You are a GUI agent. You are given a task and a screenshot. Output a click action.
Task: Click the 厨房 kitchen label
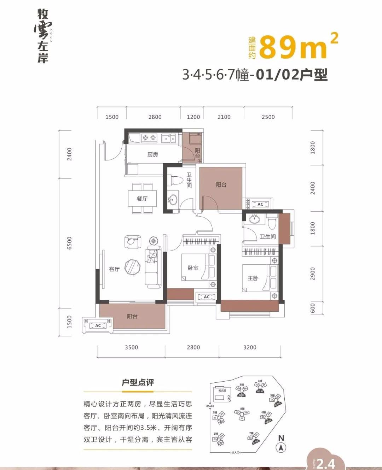click(x=152, y=154)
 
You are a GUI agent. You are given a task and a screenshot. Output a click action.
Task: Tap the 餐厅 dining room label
click(x=142, y=199)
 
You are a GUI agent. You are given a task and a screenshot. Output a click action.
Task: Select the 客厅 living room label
click(x=114, y=269)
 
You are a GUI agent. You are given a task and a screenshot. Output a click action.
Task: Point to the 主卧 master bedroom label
click(x=253, y=278)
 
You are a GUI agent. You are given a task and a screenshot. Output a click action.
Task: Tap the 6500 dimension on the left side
click(x=69, y=243)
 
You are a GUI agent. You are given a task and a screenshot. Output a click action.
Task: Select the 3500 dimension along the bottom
click(x=131, y=347)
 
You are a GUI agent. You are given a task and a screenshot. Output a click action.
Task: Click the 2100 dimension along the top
click(x=224, y=117)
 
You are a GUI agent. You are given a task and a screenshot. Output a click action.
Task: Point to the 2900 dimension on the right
click(x=312, y=274)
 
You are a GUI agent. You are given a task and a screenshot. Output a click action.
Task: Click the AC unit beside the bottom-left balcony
click(x=98, y=325)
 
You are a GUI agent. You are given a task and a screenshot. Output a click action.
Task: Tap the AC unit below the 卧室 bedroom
click(x=207, y=297)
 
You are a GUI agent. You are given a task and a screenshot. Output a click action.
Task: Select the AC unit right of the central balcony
click(x=260, y=204)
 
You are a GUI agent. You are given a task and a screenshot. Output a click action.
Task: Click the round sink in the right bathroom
click(x=254, y=219)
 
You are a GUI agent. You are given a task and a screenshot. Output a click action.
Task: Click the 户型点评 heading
click(x=138, y=382)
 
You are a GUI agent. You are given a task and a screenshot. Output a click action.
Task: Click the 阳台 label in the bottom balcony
click(x=132, y=316)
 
